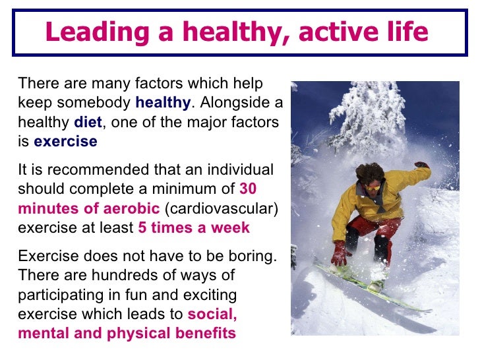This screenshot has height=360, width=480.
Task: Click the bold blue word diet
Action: pyautogui.click(x=88, y=123)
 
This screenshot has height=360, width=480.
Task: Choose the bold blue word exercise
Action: pyautogui.click(x=65, y=142)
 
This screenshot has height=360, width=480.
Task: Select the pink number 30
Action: pyautogui.click(x=247, y=189)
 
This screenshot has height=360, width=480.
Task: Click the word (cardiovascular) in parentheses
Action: pyautogui.click(x=222, y=209)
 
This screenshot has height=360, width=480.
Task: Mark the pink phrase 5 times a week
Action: pyautogui.click(x=194, y=228)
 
